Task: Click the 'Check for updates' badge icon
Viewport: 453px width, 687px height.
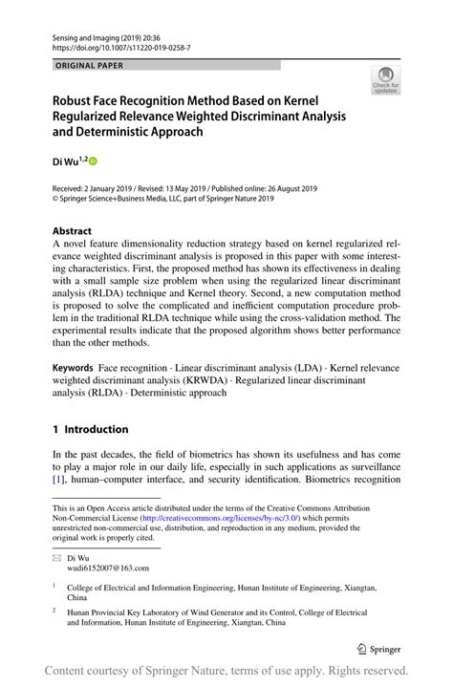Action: [385, 79]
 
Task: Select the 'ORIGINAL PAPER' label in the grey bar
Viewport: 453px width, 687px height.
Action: [90, 66]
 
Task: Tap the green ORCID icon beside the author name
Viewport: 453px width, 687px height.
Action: [94, 161]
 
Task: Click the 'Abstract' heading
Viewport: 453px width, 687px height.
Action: [72, 231]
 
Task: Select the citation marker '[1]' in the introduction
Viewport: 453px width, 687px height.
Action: [58, 490]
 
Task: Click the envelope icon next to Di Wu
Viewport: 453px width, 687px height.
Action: [56, 557]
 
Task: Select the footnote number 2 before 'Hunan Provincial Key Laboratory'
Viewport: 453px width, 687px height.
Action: [54, 608]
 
